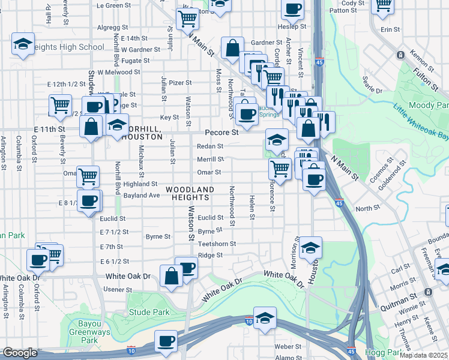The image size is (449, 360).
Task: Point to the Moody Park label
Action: coord(429,105)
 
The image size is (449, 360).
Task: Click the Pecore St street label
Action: coord(221,131)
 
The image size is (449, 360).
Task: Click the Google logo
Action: coord(20,353)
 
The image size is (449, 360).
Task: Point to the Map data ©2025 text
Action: coord(424,355)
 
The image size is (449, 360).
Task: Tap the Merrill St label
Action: coord(210,159)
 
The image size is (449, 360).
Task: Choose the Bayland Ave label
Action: coord(142,195)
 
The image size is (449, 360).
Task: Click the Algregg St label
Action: coord(113,27)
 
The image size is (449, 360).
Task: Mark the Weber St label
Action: coord(288,346)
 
